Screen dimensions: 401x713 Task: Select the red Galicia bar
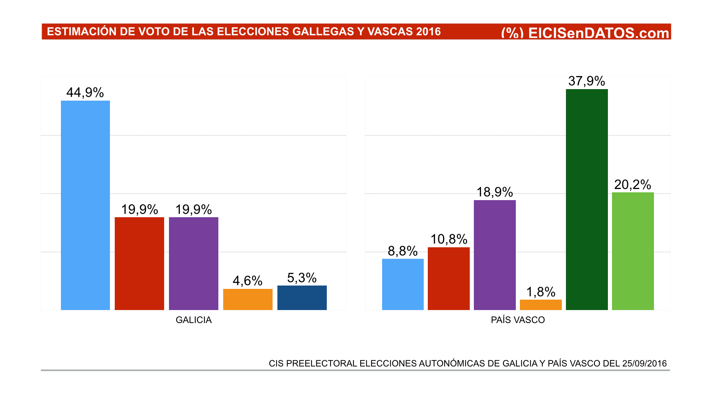click(x=139, y=263)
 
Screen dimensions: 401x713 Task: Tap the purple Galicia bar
click(x=193, y=263)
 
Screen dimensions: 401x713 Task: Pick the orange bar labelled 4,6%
click(x=248, y=299)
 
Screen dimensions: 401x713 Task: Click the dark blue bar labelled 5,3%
click(x=302, y=297)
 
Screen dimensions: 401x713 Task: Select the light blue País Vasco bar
click(x=403, y=284)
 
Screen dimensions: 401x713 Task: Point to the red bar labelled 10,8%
click(x=449, y=278)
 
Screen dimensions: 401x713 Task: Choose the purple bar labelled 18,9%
click(x=495, y=255)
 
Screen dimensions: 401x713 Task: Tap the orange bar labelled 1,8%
click(x=541, y=304)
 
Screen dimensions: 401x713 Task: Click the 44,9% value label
click(x=85, y=92)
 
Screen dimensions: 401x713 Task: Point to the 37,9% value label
click(x=587, y=81)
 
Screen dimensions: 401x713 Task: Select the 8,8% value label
click(x=403, y=251)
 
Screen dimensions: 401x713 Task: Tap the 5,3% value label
click(x=302, y=278)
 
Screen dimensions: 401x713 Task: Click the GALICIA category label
click(x=193, y=320)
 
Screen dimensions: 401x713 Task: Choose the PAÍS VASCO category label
click(x=518, y=320)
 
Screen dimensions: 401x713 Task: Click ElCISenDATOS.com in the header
click(x=598, y=33)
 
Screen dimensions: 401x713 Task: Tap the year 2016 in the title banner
click(x=428, y=32)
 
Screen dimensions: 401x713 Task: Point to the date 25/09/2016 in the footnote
click(x=644, y=363)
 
